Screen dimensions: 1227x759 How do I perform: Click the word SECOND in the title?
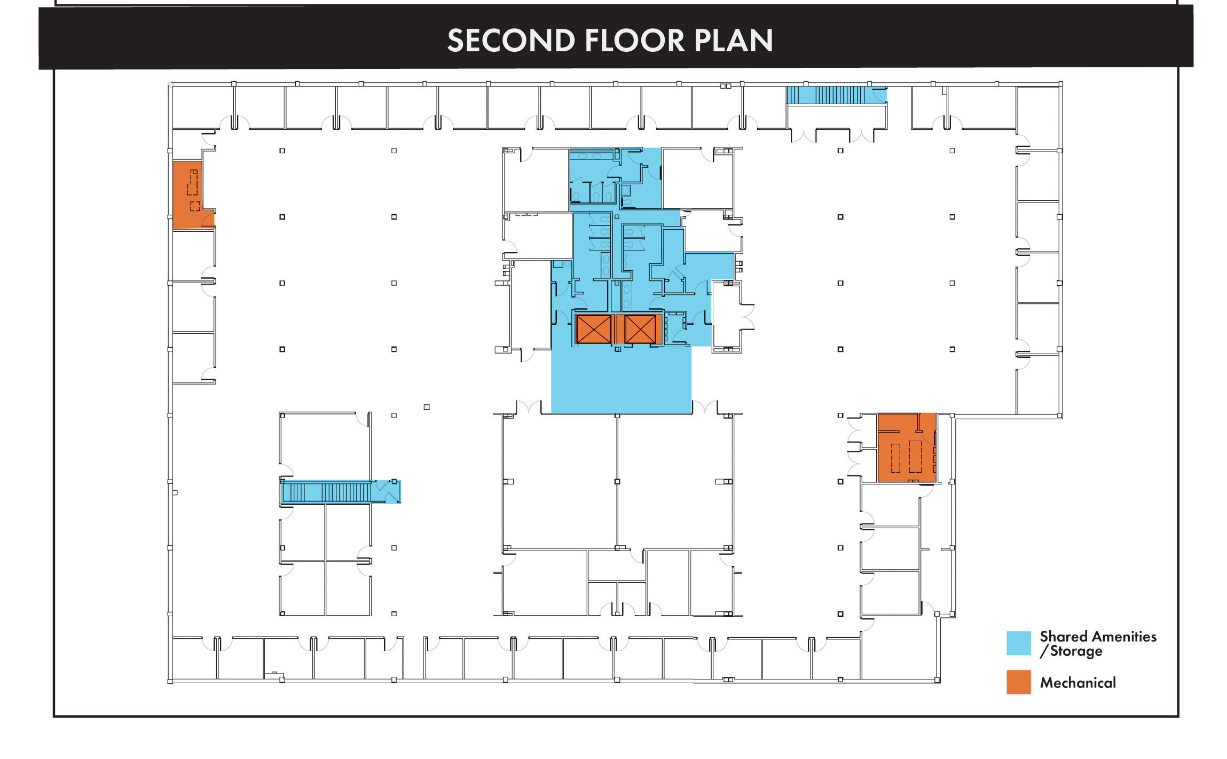tap(511, 41)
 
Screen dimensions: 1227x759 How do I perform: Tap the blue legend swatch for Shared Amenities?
tap(1018, 643)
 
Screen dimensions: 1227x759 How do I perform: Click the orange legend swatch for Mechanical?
tap(1018, 682)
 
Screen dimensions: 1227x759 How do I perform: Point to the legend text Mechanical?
tap(1077, 683)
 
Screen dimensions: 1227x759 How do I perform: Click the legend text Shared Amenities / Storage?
tap(1098, 644)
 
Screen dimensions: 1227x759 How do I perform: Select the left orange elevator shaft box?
tap(594, 329)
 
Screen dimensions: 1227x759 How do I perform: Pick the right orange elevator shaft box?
tap(640, 329)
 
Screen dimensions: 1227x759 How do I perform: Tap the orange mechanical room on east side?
tap(907, 448)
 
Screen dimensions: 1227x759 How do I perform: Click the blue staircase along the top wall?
tap(836, 96)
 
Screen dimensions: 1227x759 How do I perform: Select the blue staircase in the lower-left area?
tap(340, 491)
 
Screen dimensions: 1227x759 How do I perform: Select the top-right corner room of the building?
tap(1037, 118)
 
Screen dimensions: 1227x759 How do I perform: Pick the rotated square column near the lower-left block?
tap(427, 407)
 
